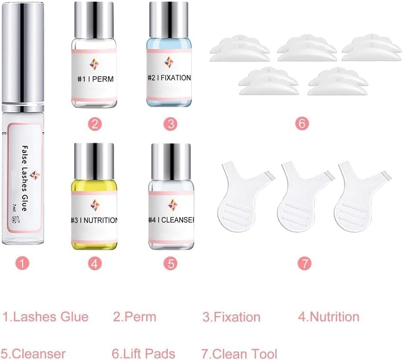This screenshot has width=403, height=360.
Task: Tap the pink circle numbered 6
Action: pyautogui.click(x=303, y=124)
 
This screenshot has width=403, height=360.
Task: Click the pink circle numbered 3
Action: pyautogui.click(x=170, y=124)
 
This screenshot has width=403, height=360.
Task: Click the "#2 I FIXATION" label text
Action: pyautogui.click(x=169, y=78)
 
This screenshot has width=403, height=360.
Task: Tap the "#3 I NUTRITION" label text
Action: pyautogui.click(x=94, y=220)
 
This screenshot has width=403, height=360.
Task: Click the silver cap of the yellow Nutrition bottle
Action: pyautogui.click(x=94, y=158)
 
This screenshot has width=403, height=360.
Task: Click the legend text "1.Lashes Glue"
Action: pyautogui.click(x=46, y=317)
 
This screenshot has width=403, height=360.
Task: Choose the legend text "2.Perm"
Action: pyautogui.click(x=135, y=317)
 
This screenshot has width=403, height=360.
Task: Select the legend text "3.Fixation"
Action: pyautogui.click(x=231, y=317)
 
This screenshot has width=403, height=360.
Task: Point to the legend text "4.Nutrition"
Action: pyautogui.click(x=329, y=317)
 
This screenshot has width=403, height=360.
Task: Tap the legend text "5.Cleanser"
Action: pyautogui.click(x=34, y=354)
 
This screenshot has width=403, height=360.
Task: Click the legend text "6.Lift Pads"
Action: pyautogui.click(x=144, y=354)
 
